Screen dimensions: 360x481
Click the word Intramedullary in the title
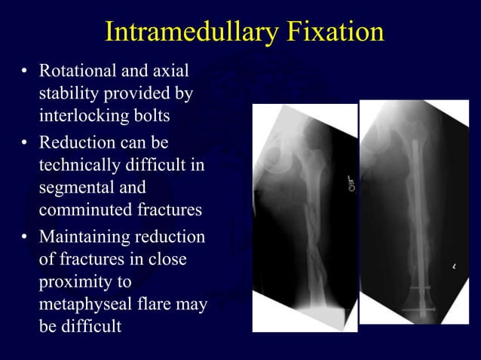pos(188,32)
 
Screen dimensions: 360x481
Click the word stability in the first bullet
pos(65,96)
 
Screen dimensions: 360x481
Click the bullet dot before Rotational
pos(25,74)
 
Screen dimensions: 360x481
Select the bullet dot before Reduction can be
pos(25,143)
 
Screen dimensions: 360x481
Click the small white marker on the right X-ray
pos(455,266)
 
